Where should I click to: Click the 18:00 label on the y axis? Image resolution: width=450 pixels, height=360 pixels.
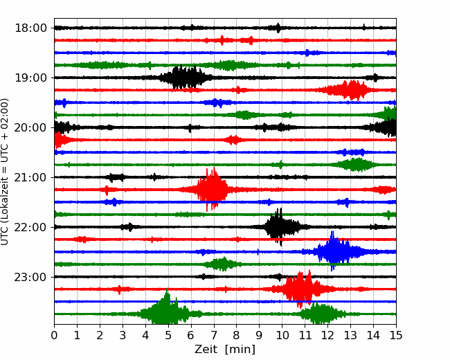(30, 28)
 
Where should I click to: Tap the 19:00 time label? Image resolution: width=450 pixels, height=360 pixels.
(30, 78)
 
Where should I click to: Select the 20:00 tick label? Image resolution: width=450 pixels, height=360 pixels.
(30, 127)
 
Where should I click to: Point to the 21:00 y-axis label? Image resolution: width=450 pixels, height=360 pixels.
(30, 177)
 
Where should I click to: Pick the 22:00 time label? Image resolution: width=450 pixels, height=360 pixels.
(30, 227)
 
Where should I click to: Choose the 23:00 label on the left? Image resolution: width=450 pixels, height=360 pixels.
(30, 277)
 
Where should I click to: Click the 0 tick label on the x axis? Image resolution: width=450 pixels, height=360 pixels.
(54, 335)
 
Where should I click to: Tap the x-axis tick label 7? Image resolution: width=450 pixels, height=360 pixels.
(214, 335)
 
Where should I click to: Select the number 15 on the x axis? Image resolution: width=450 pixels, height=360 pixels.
(396, 335)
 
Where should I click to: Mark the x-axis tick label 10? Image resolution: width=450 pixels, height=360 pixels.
(282, 335)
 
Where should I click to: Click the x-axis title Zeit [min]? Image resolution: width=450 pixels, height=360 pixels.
(225, 350)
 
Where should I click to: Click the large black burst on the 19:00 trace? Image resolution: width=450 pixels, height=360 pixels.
(185, 78)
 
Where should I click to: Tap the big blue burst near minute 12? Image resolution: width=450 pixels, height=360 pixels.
(335, 251)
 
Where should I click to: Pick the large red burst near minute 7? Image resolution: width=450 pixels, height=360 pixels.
(213, 190)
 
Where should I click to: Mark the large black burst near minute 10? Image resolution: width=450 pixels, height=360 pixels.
(279, 226)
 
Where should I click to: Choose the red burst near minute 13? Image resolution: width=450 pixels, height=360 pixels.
(348, 90)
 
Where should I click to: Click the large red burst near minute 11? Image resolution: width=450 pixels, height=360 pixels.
(301, 289)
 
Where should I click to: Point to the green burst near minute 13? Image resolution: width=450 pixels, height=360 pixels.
(355, 165)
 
